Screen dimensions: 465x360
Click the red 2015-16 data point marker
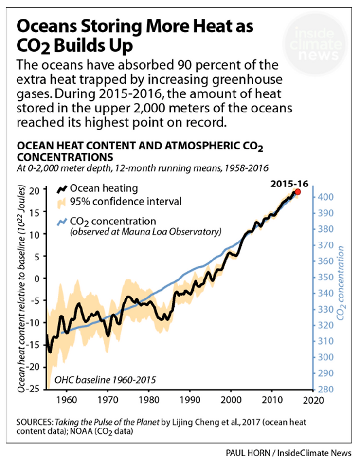(x=298, y=192)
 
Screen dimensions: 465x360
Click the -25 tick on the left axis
(x=34, y=389)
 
